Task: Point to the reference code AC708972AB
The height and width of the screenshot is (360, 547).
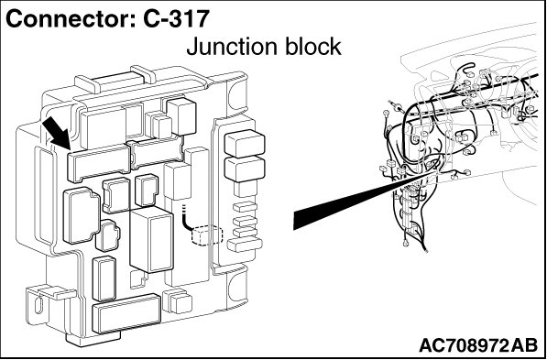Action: pyautogui.click(x=478, y=345)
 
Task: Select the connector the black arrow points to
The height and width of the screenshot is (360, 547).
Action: pyautogui.click(x=99, y=163)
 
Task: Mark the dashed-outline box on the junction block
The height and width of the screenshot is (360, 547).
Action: pyautogui.click(x=207, y=235)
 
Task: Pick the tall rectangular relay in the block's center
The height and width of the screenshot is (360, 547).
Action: pyautogui.click(x=151, y=239)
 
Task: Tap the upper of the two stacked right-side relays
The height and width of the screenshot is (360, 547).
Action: pyautogui.click(x=245, y=143)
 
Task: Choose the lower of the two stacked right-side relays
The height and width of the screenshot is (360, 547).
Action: pyautogui.click(x=245, y=169)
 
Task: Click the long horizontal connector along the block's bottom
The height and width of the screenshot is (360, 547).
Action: pyautogui.click(x=126, y=313)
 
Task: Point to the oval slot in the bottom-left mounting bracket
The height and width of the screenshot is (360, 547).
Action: pyautogui.click(x=38, y=304)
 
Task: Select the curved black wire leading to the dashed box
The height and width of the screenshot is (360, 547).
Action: pyautogui.click(x=187, y=220)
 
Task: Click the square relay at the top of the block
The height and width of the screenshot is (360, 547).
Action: pyautogui.click(x=181, y=116)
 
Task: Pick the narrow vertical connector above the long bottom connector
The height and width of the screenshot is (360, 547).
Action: pyautogui.click(x=104, y=278)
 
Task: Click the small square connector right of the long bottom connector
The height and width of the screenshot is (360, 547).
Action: pyautogui.click(x=177, y=301)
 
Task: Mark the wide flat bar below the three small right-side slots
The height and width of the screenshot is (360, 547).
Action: pyautogui.click(x=245, y=245)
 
